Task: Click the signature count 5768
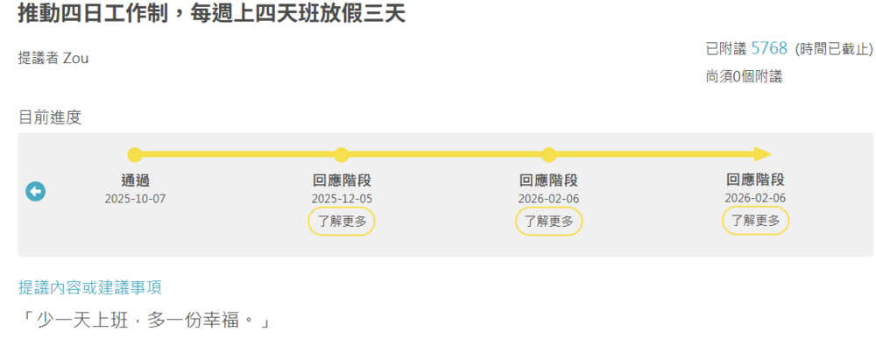point(769,48)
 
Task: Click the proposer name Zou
point(76,58)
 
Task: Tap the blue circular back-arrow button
point(36,191)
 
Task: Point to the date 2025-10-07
point(135,199)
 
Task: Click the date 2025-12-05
point(342,199)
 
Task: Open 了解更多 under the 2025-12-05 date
point(342,222)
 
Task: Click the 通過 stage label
point(135,180)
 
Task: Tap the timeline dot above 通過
point(135,155)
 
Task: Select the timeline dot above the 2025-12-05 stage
point(342,155)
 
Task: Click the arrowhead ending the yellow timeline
point(762,155)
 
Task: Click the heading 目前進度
point(50,117)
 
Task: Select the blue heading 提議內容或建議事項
point(90,287)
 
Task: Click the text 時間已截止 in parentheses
point(834,49)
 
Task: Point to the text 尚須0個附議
point(744,76)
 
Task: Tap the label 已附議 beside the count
point(725,49)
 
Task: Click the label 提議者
point(39,58)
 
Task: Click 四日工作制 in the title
point(120,15)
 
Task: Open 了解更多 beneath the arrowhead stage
point(755,222)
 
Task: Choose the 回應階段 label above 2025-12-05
point(342,180)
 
